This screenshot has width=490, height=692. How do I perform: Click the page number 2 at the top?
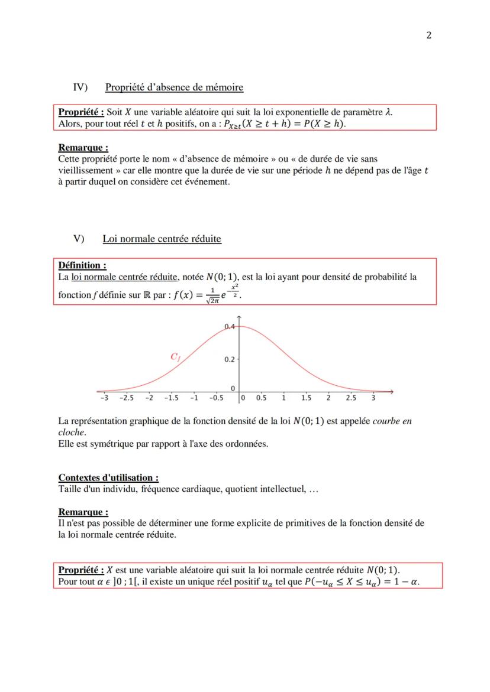coord(428,35)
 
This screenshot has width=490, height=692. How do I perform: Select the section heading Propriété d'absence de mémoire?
coord(174,87)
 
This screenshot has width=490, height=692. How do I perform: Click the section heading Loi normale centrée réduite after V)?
coord(162,239)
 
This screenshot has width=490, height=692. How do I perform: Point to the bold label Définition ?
coord(82,265)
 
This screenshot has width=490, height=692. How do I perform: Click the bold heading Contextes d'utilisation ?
coord(108,477)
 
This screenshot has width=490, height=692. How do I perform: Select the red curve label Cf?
coord(176,356)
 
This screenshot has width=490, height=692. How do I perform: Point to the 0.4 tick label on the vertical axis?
coord(229,326)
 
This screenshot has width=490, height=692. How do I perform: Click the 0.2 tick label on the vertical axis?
coord(229,359)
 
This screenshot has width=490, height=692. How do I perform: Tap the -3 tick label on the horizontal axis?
coord(104,398)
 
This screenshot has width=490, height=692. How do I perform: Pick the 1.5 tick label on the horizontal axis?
coord(306,398)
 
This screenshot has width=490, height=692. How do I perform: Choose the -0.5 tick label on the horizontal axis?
coord(216,398)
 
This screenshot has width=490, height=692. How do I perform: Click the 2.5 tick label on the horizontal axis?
coord(350,398)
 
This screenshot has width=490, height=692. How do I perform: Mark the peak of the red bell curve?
coord(238,327)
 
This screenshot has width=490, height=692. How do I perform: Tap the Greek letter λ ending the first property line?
coord(388,112)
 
